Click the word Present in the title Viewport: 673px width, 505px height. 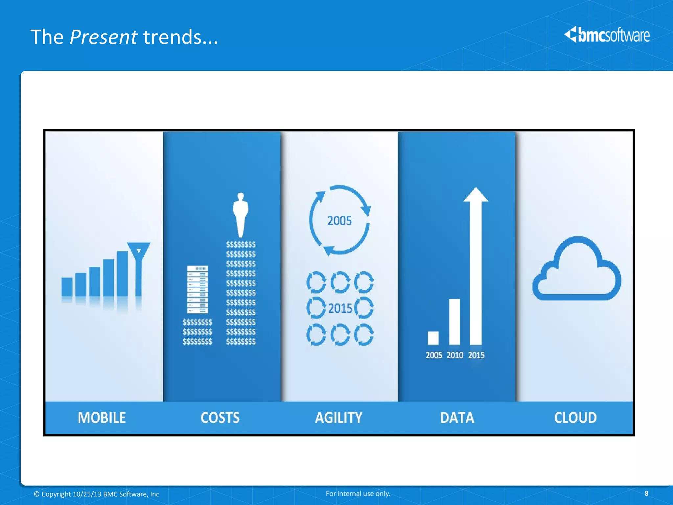[x=103, y=37]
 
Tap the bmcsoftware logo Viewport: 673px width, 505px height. [x=607, y=35]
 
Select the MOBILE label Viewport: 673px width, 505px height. [x=102, y=418]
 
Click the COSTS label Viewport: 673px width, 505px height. [x=220, y=418]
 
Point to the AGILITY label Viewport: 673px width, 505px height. [x=338, y=418]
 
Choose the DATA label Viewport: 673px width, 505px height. [x=457, y=418]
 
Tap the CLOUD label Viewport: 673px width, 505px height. [x=575, y=418]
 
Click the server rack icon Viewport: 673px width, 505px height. [x=197, y=289]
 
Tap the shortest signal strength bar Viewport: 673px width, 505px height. [x=67, y=287]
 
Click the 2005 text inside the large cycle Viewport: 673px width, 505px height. [x=339, y=221]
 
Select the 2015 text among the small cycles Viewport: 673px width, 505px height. [x=340, y=308]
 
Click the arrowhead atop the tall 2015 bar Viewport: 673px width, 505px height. [x=476, y=195]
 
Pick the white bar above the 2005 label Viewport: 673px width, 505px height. [x=433, y=338]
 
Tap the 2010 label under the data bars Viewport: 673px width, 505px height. [x=455, y=355]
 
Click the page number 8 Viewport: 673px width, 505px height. [x=646, y=493]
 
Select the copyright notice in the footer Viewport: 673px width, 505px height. [x=97, y=494]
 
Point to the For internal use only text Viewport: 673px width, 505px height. [x=358, y=493]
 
